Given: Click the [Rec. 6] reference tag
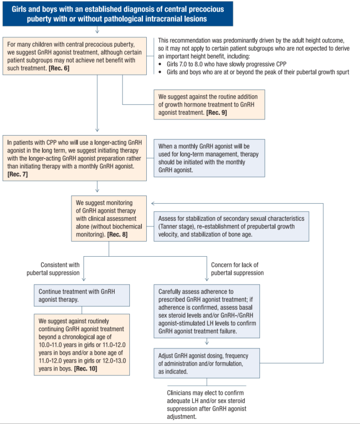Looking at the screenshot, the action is (59, 68).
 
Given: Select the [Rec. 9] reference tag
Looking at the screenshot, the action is (217, 113).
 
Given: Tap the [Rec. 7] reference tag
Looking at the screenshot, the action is (17, 174).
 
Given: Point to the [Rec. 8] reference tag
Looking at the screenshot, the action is (117, 234).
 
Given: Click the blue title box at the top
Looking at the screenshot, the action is (118, 14).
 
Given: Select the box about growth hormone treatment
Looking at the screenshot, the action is (209, 105).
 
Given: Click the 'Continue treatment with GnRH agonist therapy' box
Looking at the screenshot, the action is (82, 295).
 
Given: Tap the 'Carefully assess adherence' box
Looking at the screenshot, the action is (206, 311).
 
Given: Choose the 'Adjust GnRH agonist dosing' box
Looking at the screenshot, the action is (206, 363).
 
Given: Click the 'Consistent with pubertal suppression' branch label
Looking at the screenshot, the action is (53, 269).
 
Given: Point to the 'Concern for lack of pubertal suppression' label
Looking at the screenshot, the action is (237, 269).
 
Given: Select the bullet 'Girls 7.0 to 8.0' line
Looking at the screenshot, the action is (223, 64).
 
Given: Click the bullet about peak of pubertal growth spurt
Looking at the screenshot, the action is (254, 72).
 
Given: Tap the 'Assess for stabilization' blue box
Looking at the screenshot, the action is (231, 226).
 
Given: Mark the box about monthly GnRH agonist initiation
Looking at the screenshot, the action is (209, 158).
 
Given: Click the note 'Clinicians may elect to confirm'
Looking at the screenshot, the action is (206, 404).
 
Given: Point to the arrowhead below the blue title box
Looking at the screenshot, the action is (97, 32).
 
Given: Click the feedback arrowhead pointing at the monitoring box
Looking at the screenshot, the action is (153, 203).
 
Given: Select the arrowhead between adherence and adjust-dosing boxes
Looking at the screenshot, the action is (206, 343).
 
